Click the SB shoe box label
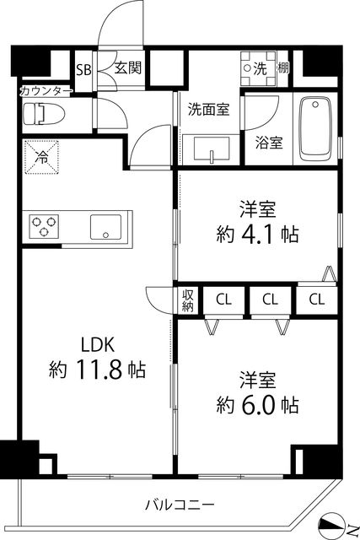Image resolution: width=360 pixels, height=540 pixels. click(x=83, y=70)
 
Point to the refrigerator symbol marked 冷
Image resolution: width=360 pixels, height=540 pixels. click(x=40, y=155)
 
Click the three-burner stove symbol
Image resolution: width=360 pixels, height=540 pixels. click(x=46, y=226)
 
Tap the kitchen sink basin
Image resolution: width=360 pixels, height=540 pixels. click(x=107, y=226)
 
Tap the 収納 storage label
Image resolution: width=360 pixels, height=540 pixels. click(x=188, y=300)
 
